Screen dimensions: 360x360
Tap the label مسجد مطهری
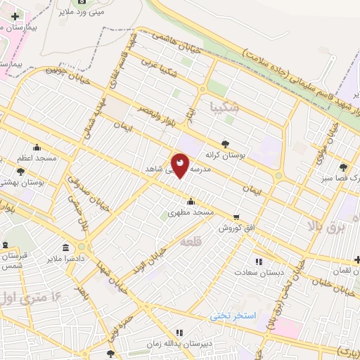click(x=190, y=212)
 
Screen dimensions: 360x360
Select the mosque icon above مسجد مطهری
click(x=191, y=202)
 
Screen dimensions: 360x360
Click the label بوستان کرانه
click(x=224, y=153)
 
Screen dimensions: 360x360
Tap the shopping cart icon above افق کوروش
click(x=236, y=217)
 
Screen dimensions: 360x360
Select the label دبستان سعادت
click(x=259, y=271)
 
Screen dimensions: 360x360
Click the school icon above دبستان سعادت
click(x=259, y=261)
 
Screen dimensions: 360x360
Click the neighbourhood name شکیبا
click(x=225, y=107)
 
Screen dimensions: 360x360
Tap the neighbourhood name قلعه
click(x=191, y=241)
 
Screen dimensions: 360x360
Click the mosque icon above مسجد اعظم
click(x=37, y=148)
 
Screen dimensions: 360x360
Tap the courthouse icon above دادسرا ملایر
click(x=65, y=247)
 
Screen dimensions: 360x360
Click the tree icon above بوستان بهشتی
click(x=20, y=171)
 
